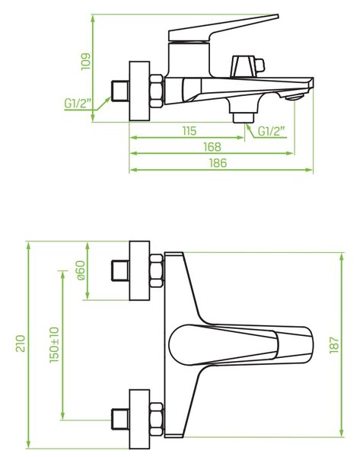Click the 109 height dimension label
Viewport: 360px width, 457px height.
tap(86, 62)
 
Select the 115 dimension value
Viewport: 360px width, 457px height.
tap(190, 131)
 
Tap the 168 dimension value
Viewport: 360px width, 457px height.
tap(212, 147)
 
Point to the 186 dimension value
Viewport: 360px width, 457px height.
tap(218, 163)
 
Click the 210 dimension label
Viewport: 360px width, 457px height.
tap(21, 344)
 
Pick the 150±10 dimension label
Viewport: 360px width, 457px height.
tap(54, 345)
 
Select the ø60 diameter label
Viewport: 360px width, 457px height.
tap(81, 270)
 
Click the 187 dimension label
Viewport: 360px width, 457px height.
tap(334, 345)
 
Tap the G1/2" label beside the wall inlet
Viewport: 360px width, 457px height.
tap(78, 104)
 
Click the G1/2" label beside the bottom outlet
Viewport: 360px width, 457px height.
tap(272, 132)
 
